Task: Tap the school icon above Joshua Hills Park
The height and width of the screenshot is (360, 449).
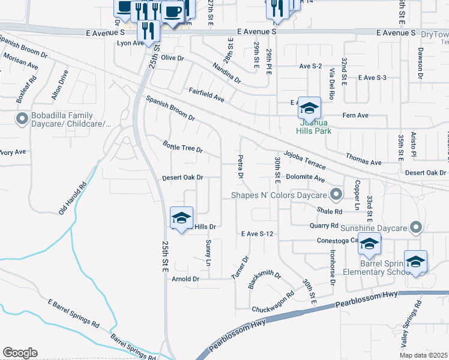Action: tap(309, 108)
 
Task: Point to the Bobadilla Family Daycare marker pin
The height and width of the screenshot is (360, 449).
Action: tap(22, 119)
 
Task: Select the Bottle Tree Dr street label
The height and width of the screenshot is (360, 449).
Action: tap(183, 148)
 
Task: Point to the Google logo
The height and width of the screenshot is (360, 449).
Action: tap(20, 353)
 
